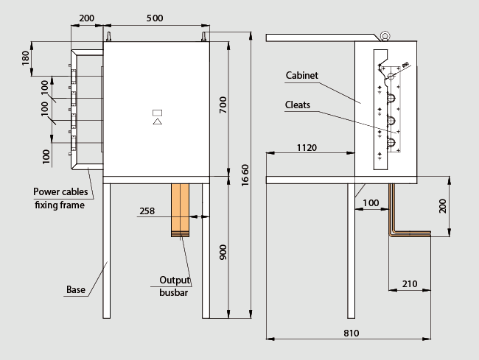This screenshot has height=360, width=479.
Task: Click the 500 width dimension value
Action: [155, 18]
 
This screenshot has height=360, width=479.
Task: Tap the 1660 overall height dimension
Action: [245, 175]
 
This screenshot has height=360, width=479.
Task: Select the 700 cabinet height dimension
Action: [223, 105]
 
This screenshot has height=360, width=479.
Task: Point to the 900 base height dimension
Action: [223, 252]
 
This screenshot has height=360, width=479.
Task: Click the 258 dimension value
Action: [147, 211]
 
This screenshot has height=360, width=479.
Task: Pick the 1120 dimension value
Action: [307, 148]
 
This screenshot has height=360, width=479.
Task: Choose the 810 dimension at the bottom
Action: [351, 333]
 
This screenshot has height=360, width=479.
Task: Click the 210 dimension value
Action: [410, 284]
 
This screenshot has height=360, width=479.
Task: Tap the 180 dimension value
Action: [26, 58]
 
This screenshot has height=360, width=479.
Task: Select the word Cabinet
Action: [302, 75]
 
